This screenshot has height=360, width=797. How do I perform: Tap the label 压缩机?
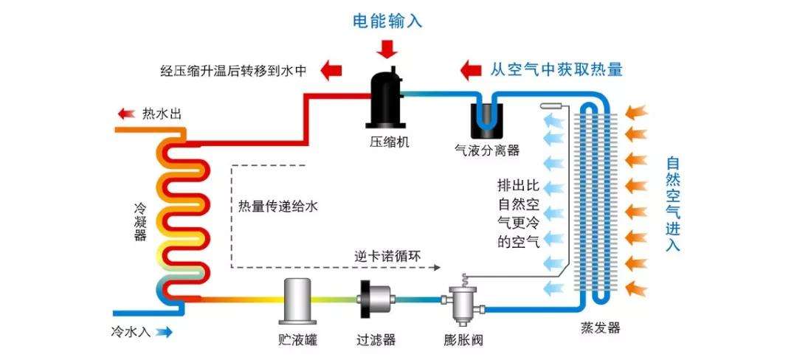(x=386, y=139)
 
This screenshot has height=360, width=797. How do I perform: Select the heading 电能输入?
(x=387, y=21)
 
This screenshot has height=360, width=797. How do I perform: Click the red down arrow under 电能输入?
(x=387, y=49)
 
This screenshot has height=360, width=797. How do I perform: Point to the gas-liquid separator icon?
(x=487, y=118)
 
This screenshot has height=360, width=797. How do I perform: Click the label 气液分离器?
(x=487, y=150)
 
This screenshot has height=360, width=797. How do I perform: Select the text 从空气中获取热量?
(x=556, y=70)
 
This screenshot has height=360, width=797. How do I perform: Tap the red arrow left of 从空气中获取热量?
(x=469, y=70)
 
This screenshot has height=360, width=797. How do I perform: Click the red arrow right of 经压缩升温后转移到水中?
(x=331, y=71)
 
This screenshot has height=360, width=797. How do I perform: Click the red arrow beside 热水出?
(x=126, y=114)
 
